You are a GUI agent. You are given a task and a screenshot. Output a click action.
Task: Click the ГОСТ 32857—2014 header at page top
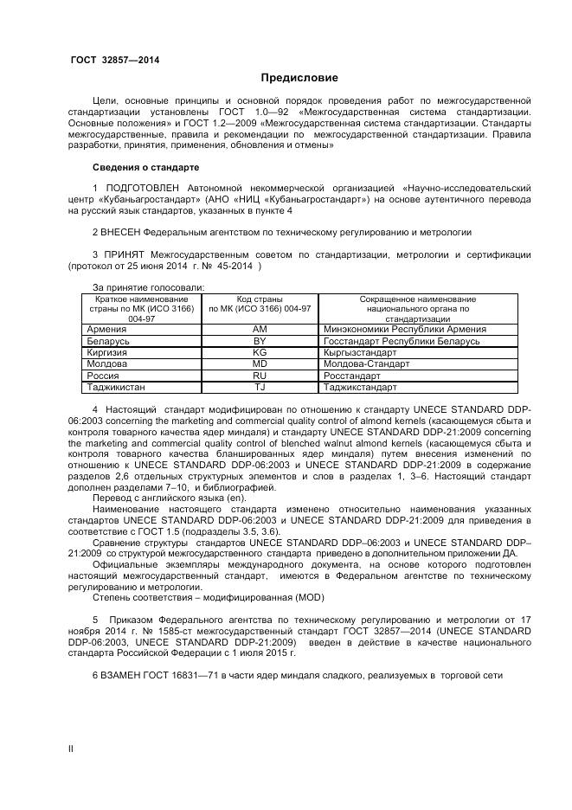[x=114, y=60]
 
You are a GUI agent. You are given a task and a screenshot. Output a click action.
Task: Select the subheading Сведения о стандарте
[x=145, y=166]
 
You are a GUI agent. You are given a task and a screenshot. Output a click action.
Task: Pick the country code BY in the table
[x=260, y=341]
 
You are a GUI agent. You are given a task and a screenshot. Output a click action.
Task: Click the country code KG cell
[x=260, y=353]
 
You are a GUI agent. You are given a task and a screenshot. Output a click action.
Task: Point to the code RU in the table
[x=260, y=376]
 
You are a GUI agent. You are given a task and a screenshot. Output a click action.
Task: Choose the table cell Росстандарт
[x=352, y=376]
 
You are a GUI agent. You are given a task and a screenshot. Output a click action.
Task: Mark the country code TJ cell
[x=260, y=388]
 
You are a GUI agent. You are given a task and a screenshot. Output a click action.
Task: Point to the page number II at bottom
[x=71, y=749]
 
